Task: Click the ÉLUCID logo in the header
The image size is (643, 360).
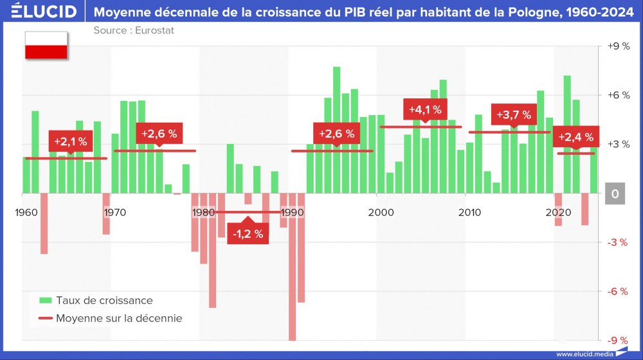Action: coord(44,12)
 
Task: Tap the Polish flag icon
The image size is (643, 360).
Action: coord(46,45)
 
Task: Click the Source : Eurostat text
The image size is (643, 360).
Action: coord(133,30)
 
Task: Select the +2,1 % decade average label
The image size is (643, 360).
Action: coord(70,141)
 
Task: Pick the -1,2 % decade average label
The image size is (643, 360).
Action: coord(248,233)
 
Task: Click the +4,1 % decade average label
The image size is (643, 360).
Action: coord(425,110)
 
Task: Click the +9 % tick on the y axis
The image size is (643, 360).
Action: coord(618,46)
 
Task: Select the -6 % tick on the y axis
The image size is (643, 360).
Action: coord(618,291)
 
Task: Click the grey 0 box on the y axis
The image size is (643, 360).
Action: coord(615,194)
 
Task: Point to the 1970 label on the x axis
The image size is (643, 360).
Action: coord(114,212)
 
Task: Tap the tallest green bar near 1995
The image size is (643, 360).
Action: coord(336,129)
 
